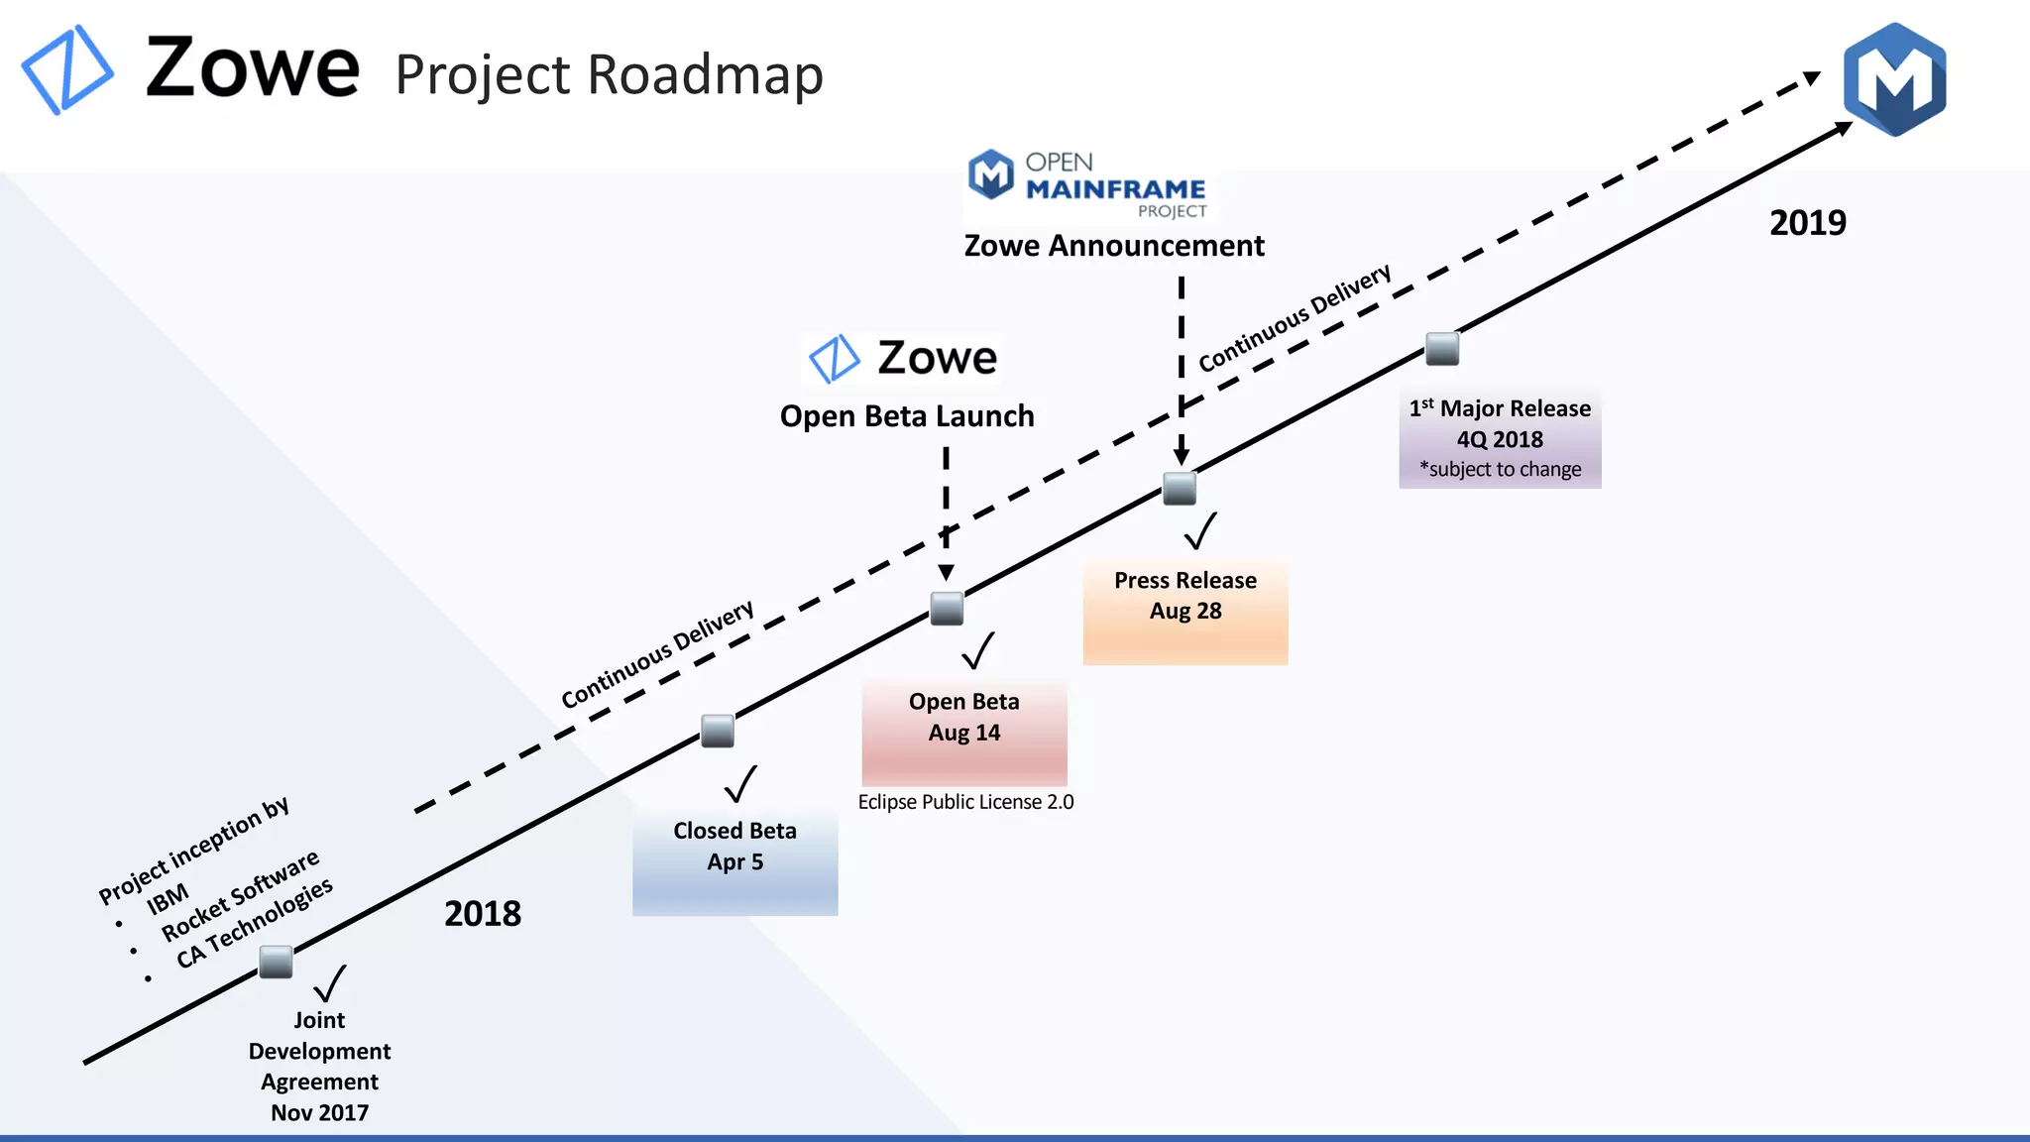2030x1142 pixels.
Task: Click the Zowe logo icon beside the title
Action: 66,69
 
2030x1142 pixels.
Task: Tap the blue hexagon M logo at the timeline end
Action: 1894,79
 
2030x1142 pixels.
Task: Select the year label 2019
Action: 1807,223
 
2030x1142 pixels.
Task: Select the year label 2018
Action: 482,913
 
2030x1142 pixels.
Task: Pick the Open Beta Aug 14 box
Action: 963,732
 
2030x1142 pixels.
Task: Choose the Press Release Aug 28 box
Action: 1184,610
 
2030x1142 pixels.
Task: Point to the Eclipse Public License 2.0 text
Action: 965,802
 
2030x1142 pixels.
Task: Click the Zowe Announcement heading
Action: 1113,246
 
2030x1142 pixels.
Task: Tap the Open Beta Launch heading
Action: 906,416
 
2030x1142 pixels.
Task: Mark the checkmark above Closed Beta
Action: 739,784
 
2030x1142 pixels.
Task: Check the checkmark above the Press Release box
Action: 1199,531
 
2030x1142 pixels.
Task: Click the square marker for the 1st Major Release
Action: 1441,349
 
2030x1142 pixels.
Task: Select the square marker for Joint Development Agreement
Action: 276,962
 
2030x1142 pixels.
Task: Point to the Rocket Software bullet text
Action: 240,895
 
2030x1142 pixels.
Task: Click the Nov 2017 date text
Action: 319,1112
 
